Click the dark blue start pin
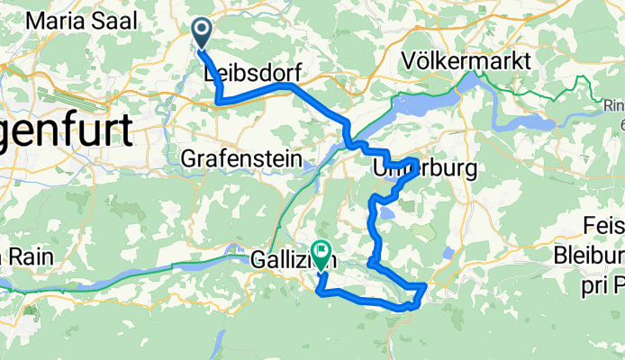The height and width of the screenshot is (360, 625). click(x=201, y=33)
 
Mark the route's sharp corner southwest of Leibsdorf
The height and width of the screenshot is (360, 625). click(x=219, y=103)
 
